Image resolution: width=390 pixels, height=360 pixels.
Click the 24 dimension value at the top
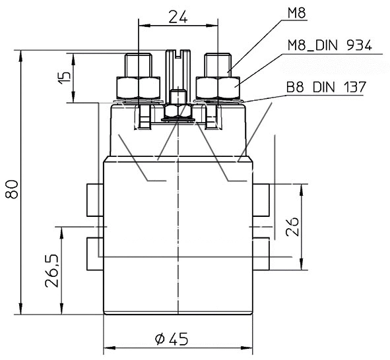[176, 16]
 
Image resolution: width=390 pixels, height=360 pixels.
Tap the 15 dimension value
[64, 76]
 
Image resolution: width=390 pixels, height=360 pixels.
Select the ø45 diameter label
[172, 339]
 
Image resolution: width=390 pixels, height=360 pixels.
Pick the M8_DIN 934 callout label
[329, 46]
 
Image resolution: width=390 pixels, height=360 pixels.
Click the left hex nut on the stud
[137, 87]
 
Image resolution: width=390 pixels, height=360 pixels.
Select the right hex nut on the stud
[218, 87]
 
